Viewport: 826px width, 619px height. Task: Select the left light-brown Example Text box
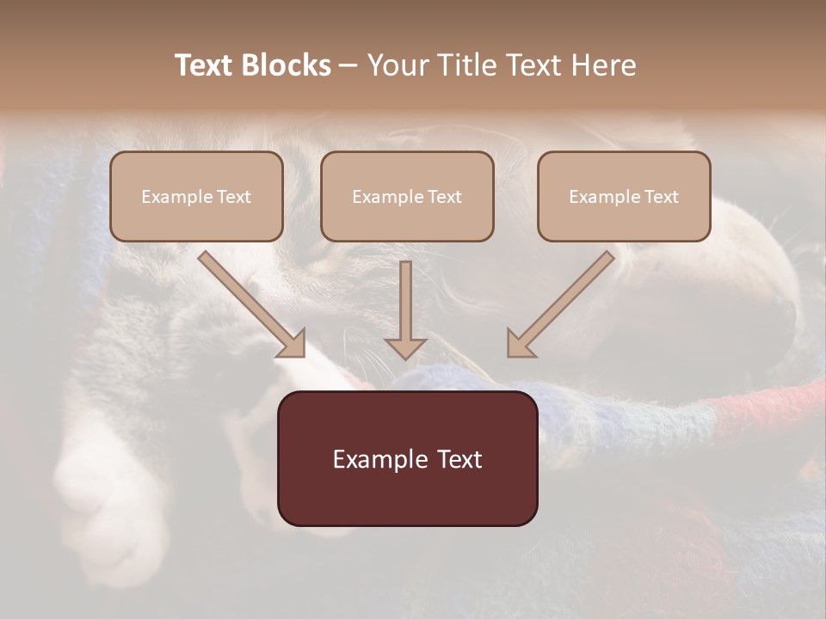(196, 196)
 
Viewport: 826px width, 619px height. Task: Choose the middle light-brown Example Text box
(407, 196)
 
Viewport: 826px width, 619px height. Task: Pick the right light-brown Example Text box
(624, 196)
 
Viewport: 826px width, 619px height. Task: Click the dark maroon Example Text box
(408, 458)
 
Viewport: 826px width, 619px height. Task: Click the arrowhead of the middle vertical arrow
(406, 347)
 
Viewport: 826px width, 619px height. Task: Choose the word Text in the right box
(662, 197)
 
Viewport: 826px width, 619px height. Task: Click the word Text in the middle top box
(445, 197)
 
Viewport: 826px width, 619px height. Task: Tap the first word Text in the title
(206, 65)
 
